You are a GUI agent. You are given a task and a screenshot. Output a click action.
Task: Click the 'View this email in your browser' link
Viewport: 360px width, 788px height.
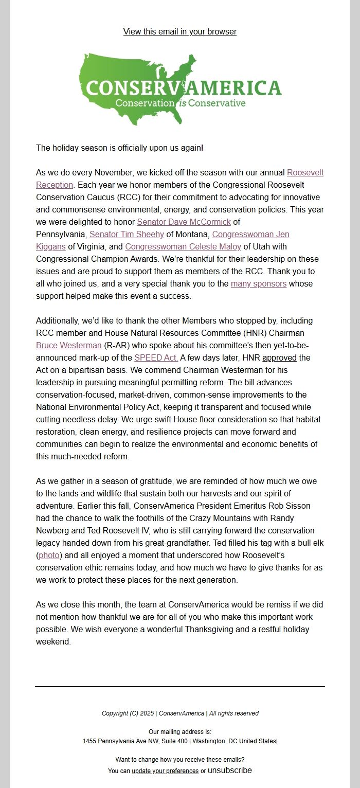click(x=180, y=32)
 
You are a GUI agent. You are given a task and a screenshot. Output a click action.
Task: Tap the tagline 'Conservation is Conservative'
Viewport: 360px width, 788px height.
click(x=180, y=103)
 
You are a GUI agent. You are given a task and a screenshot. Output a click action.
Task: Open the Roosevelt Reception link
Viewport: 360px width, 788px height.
click(x=305, y=173)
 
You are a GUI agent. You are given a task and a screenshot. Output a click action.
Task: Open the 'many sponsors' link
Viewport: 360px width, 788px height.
click(x=259, y=284)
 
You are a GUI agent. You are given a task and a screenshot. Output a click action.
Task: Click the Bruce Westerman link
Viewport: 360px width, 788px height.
click(x=68, y=346)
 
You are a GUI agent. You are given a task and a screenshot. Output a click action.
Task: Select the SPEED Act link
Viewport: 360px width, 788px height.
click(x=156, y=358)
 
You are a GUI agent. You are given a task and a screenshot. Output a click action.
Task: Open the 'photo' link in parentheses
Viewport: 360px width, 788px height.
click(x=49, y=556)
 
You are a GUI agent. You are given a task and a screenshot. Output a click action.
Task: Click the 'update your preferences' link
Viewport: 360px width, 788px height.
click(x=165, y=771)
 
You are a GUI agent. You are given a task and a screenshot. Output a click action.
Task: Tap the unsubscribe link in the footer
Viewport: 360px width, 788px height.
click(x=229, y=771)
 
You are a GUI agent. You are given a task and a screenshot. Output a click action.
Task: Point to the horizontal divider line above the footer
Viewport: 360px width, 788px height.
click(x=180, y=686)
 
